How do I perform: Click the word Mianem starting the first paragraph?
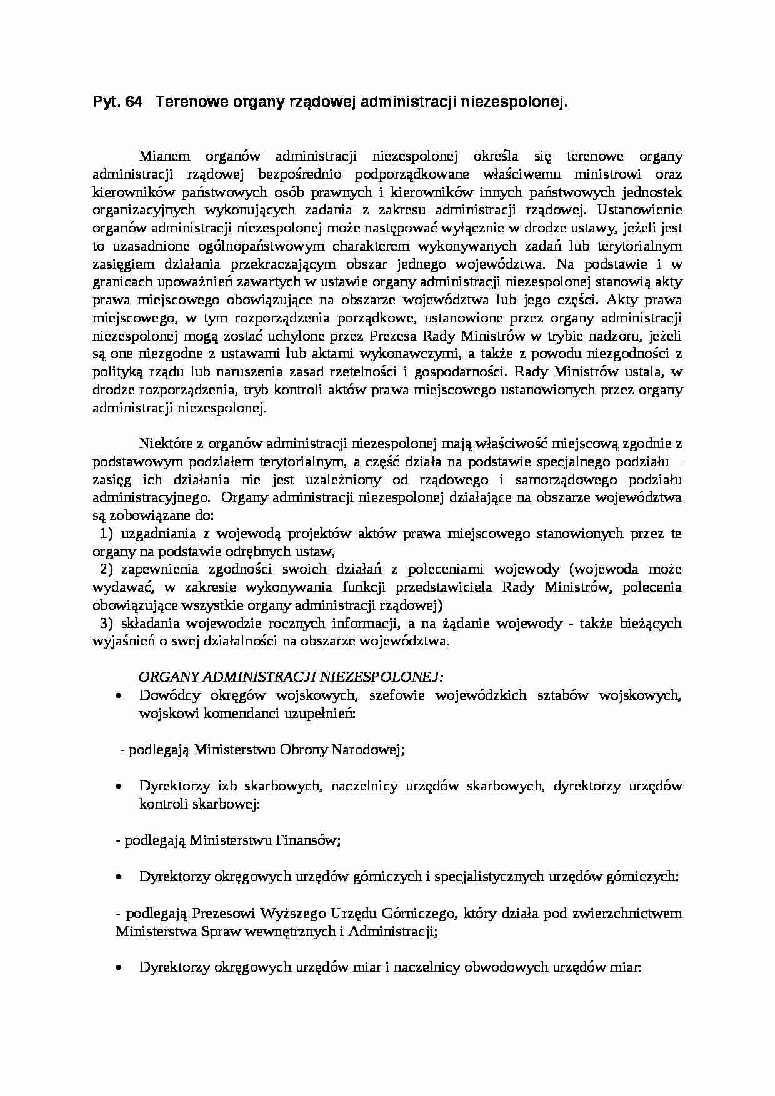coord(162,155)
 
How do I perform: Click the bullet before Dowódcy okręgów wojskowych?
coord(119,695)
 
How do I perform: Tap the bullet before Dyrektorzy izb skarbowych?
coord(119,786)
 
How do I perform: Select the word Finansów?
coord(312,840)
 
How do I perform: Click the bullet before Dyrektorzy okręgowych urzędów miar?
coord(119,967)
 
